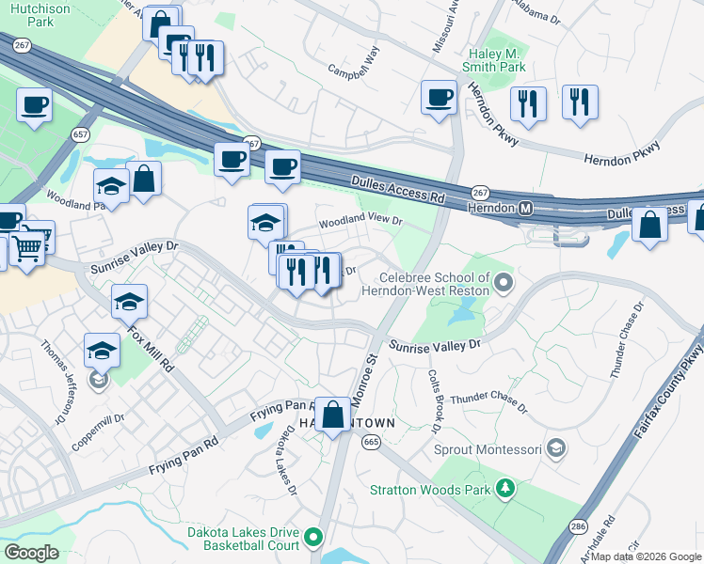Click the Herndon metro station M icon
tap(526, 207)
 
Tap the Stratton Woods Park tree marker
tap(506, 489)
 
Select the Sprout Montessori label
tap(488, 448)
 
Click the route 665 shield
tap(371, 442)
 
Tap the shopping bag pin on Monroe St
tap(333, 414)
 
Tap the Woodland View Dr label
tap(360, 222)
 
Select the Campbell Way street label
tap(354, 65)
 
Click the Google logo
tap(31, 553)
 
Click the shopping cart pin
tap(27, 247)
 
